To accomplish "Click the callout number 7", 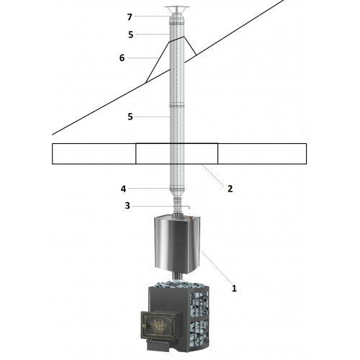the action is click(x=130, y=17).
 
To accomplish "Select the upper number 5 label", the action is click(x=130, y=35).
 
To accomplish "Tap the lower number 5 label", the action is click(x=130, y=117).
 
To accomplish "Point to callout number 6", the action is click(x=122, y=58).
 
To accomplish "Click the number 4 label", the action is click(x=123, y=189).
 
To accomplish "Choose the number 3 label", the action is click(x=127, y=206).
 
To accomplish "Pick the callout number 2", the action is click(x=230, y=189).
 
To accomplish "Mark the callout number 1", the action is click(x=234, y=288).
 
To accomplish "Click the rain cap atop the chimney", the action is click(x=177, y=11).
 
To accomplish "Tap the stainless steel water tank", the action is click(x=177, y=244).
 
